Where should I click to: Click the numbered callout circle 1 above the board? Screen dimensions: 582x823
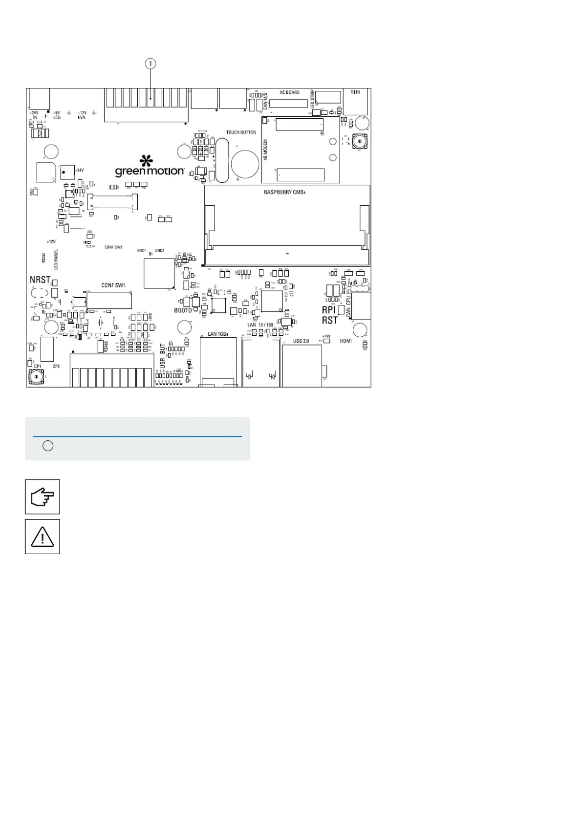pyautogui.click(x=151, y=64)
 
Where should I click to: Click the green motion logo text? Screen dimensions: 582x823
pyautogui.click(x=150, y=172)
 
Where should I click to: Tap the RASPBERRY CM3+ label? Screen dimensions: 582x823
pyautogui.click(x=285, y=192)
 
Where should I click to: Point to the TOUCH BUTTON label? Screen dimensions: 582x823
pyautogui.click(x=241, y=132)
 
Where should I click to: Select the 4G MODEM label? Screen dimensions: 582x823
pyautogui.click(x=266, y=150)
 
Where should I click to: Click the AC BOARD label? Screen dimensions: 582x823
pyautogui.click(x=289, y=92)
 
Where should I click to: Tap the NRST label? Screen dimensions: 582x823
pyautogui.click(x=40, y=280)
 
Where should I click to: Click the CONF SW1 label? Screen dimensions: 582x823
pyautogui.click(x=113, y=285)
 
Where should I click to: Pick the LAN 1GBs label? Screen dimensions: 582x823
pyautogui.click(x=218, y=334)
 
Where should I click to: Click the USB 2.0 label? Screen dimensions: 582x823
pyautogui.click(x=301, y=341)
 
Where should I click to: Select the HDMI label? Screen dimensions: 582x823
pyautogui.click(x=346, y=341)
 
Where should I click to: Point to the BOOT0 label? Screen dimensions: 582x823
pyautogui.click(x=183, y=310)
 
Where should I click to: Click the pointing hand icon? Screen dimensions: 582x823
pyautogui.click(x=43, y=497)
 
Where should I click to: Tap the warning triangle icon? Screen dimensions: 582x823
pyautogui.click(x=43, y=537)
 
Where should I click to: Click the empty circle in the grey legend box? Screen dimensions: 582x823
pyautogui.click(x=47, y=446)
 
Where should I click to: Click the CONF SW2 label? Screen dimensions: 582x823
pyautogui.click(x=113, y=247)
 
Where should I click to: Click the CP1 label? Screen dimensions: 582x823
pyautogui.click(x=37, y=366)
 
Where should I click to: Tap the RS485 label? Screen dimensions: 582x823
pyautogui.click(x=106, y=347)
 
